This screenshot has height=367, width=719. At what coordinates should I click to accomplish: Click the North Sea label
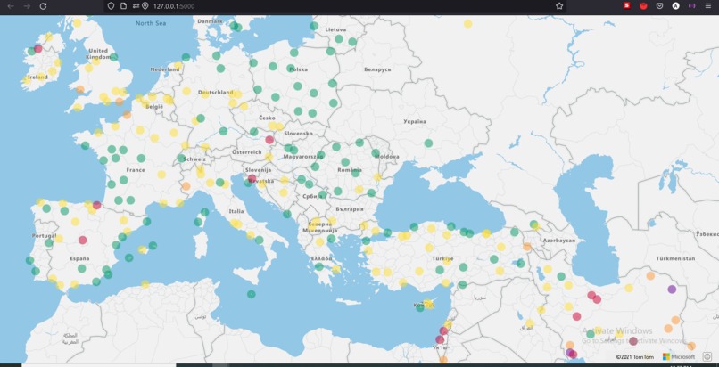(x=151, y=23)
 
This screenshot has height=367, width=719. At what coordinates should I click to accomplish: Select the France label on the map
(x=136, y=169)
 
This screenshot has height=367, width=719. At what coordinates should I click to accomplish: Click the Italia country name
(x=236, y=211)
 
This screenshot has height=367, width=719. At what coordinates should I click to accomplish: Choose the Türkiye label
(x=442, y=258)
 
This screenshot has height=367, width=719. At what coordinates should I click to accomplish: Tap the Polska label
(x=298, y=69)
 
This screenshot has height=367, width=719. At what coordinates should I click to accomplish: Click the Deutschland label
(x=216, y=92)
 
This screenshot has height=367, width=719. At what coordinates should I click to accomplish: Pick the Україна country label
(x=415, y=121)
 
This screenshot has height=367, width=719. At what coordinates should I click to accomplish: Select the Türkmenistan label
(x=674, y=258)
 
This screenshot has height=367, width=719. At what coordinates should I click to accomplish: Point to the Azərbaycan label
(x=559, y=240)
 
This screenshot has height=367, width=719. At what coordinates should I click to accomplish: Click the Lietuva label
(x=335, y=29)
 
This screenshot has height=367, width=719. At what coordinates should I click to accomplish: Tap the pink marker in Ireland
(x=37, y=49)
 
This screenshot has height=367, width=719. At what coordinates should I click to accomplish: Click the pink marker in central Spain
(x=83, y=240)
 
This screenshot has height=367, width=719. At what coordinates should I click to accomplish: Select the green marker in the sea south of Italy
(x=252, y=294)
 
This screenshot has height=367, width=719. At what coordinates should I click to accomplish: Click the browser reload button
(x=43, y=6)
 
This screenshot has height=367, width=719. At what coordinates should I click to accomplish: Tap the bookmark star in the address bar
(x=559, y=6)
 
